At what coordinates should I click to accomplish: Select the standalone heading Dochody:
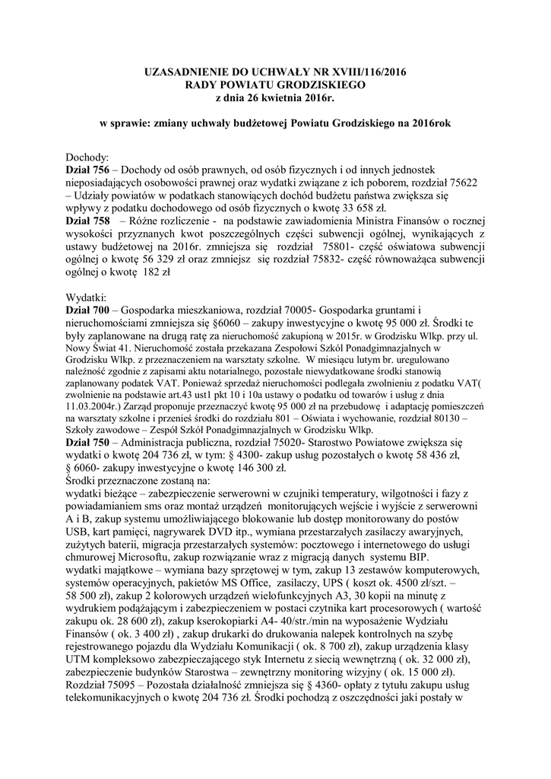87,154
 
